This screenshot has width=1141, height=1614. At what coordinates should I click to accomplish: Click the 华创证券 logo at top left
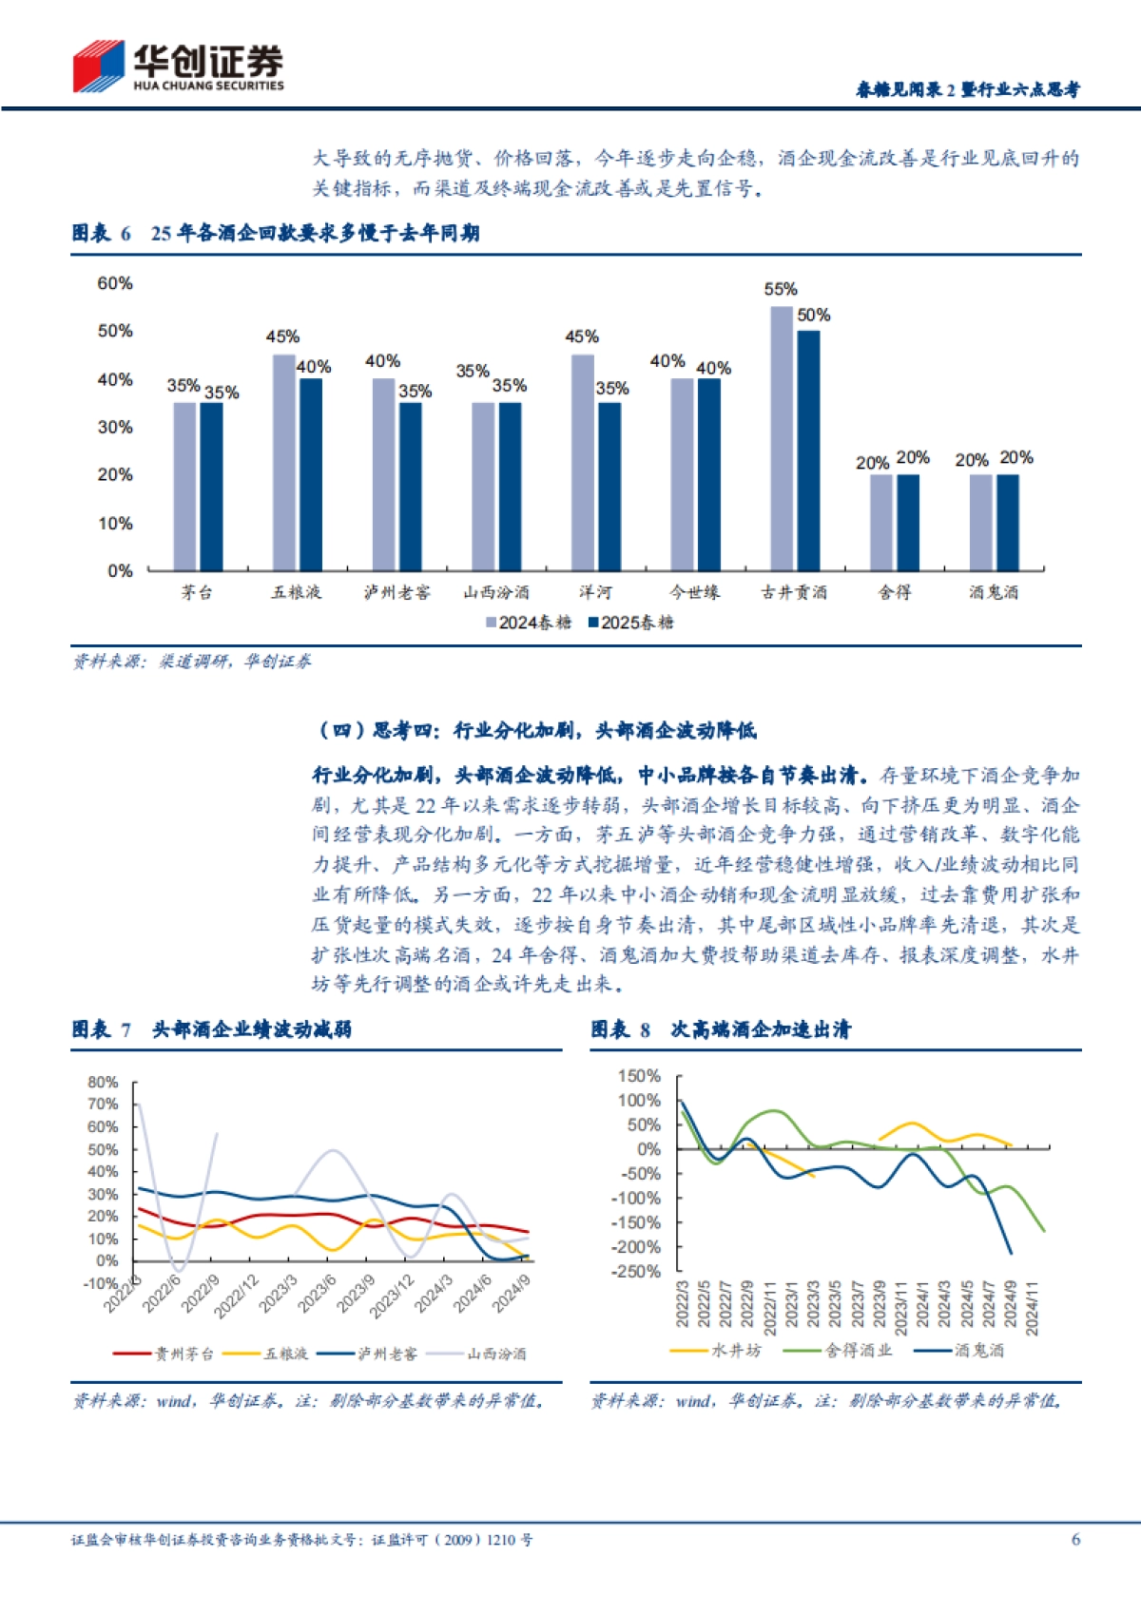(178, 67)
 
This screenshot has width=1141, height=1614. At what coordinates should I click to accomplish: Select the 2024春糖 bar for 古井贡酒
(781, 437)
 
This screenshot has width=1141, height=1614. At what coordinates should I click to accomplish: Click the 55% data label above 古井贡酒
(781, 289)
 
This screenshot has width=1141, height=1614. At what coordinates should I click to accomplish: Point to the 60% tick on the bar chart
(115, 283)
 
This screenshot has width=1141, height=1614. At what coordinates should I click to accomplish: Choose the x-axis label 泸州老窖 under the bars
(396, 592)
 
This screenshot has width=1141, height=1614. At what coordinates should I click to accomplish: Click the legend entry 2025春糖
(631, 623)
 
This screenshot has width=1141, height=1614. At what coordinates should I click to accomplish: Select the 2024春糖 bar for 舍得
(881, 522)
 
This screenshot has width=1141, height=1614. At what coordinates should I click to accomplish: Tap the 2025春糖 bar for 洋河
(609, 486)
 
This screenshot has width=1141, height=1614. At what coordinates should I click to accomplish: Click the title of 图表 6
(276, 233)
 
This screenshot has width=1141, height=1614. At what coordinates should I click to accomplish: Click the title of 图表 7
(211, 1029)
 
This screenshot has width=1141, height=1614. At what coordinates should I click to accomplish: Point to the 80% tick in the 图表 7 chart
(103, 1083)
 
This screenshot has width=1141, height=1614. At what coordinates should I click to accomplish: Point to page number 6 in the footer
(1075, 1539)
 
